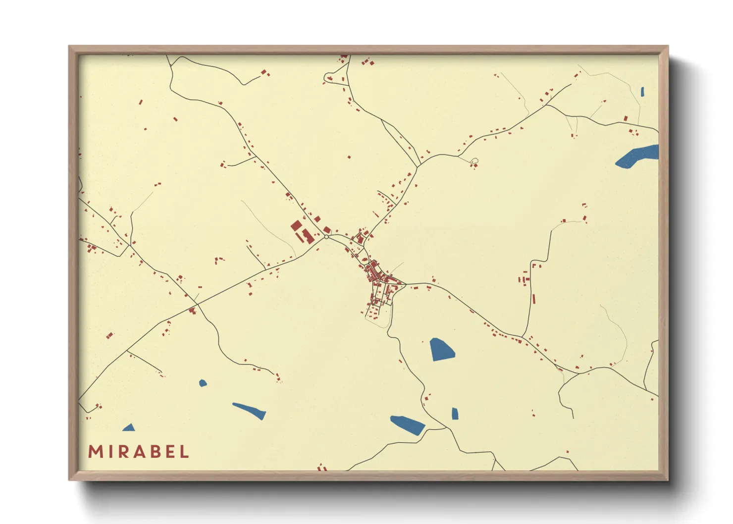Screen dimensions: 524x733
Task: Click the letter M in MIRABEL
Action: (x=95, y=452)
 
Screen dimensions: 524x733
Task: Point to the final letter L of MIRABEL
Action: (x=185, y=452)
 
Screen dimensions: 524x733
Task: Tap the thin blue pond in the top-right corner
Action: (x=642, y=92)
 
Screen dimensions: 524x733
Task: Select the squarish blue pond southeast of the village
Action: (x=441, y=349)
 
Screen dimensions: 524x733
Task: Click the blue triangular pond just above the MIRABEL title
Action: (x=129, y=428)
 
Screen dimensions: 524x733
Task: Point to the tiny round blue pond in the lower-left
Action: (x=203, y=383)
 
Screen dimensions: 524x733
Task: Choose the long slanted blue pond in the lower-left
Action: (x=250, y=411)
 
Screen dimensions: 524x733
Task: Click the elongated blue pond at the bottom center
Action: (x=408, y=425)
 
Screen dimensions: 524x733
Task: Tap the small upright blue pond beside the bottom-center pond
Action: (x=455, y=414)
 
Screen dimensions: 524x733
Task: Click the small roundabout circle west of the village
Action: (x=326, y=237)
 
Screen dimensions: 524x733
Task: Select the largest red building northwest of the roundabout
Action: (x=296, y=226)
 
